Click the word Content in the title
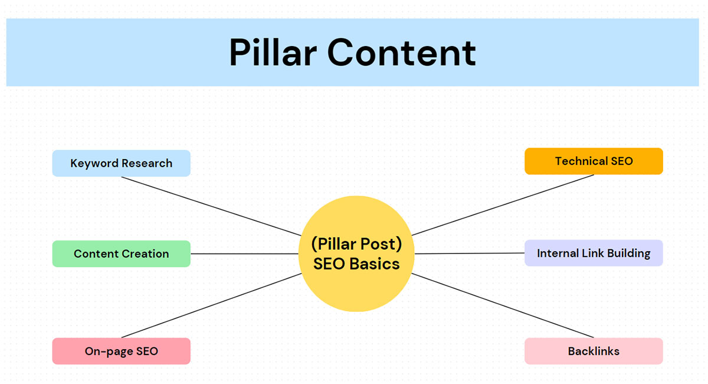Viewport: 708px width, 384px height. pos(402,52)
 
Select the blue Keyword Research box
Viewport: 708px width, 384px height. pos(121,163)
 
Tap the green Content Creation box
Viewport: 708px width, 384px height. pos(121,254)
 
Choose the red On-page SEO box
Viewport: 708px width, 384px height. pos(121,351)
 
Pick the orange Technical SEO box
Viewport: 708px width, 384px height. pos(594,161)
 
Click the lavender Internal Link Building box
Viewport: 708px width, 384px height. pos(594,253)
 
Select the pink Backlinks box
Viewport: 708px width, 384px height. pos(594,351)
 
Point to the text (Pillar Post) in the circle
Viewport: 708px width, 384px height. pos(356,243)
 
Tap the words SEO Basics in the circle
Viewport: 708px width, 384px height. pos(356,263)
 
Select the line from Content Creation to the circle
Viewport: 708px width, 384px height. pos(244,254)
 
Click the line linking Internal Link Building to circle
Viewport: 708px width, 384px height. pos(470,253)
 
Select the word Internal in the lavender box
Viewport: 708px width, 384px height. pos(556,253)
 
